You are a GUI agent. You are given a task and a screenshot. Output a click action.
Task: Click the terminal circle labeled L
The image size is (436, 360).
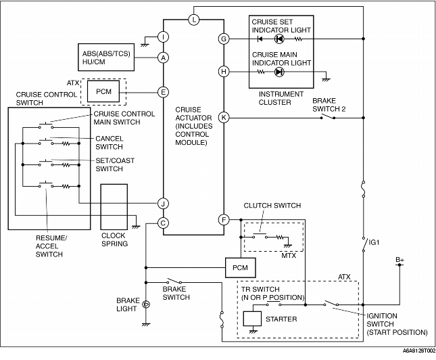click(194, 20)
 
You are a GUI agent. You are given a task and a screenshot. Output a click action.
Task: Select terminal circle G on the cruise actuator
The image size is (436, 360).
click(224, 39)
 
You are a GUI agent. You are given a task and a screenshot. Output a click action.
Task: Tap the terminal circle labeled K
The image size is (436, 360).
click(224, 118)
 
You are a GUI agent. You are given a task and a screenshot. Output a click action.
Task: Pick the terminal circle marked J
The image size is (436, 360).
click(163, 204)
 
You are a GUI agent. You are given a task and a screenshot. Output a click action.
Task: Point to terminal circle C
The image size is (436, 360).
click(163, 223)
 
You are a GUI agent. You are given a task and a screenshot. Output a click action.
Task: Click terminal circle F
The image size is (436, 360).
click(224, 220)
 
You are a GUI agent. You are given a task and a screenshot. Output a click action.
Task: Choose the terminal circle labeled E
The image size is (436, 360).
click(163, 92)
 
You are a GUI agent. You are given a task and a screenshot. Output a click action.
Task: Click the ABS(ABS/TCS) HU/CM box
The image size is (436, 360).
click(106, 57)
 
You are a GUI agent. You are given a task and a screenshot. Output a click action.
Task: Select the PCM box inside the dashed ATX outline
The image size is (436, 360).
click(103, 91)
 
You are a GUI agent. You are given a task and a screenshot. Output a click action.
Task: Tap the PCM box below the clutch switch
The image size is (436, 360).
click(240, 268)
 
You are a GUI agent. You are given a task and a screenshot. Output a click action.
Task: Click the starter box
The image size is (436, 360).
click(252, 319)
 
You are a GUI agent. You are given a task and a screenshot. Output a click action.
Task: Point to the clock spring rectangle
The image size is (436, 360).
click(114, 207)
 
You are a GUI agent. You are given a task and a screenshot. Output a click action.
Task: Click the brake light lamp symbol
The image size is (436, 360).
click(146, 305)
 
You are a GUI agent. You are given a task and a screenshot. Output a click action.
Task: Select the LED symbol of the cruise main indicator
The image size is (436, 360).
click(279, 72)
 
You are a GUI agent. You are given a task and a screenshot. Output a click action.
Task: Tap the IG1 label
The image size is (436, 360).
click(374, 242)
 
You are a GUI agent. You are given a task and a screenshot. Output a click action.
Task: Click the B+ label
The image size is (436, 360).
click(400, 260)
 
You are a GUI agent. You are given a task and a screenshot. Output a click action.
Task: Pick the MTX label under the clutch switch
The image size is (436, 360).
click(289, 255)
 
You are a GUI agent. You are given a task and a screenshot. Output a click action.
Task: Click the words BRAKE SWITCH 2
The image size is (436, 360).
click(329, 105)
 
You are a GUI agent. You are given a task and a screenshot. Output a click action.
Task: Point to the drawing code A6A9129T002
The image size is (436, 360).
click(419, 351)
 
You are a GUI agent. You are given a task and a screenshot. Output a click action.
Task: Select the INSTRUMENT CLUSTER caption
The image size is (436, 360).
click(281, 98)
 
